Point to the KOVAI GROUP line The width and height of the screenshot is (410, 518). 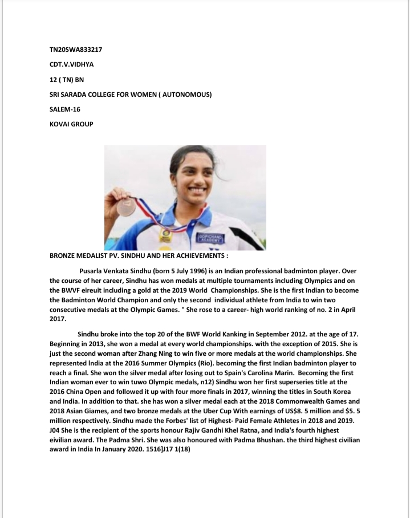coord(71,124)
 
